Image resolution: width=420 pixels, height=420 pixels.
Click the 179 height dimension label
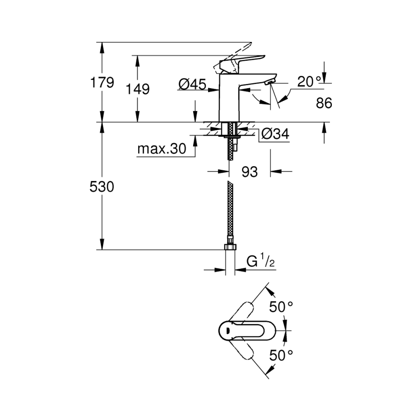point(102,82)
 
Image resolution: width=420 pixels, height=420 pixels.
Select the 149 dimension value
point(137,89)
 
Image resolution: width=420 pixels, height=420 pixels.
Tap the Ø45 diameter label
point(192,84)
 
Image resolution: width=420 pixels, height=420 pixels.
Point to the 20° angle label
point(309,81)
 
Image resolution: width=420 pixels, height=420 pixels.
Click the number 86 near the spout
point(324,103)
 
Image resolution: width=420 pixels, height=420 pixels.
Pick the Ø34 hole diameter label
point(275,133)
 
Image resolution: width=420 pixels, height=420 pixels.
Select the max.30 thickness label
point(161,148)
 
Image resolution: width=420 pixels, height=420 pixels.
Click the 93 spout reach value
point(250,172)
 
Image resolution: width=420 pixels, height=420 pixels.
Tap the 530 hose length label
point(102,186)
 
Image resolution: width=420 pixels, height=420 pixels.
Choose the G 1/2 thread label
point(260,261)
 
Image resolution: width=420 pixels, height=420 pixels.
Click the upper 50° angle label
point(281,307)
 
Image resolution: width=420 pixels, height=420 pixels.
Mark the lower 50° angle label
point(281,355)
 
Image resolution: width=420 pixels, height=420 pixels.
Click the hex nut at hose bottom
point(230,246)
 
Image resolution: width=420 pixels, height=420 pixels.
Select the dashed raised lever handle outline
point(232,57)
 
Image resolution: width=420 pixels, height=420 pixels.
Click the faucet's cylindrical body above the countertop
point(229,98)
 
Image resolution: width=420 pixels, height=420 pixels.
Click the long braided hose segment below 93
point(230,209)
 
